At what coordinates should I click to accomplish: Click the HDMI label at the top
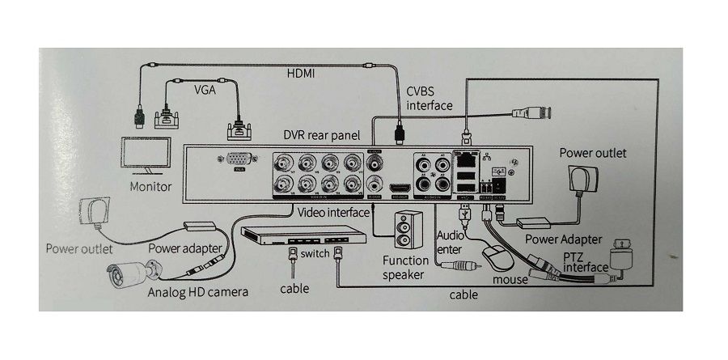tap(301, 74)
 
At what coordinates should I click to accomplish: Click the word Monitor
tap(150, 187)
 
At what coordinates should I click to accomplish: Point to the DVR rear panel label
tap(321, 134)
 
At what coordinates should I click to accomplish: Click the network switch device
tap(302, 239)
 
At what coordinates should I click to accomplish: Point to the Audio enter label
tap(449, 242)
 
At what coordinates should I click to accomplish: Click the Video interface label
tap(333, 212)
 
